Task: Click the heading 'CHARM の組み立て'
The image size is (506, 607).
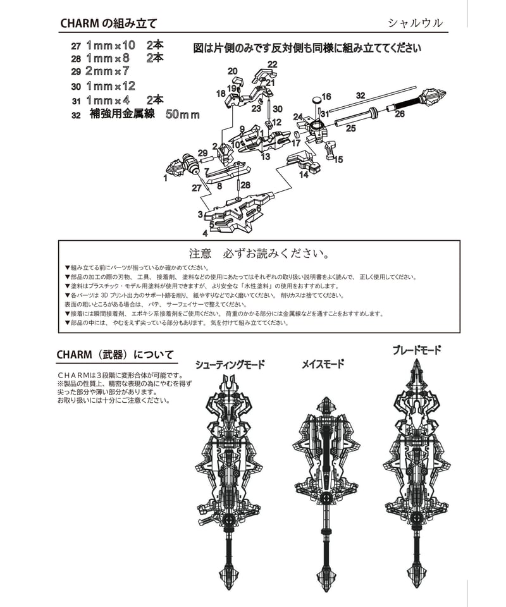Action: [108, 23]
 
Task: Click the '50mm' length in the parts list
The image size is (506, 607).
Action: [182, 115]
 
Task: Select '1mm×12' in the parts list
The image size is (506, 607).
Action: [111, 86]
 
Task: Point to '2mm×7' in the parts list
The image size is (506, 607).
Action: [107, 71]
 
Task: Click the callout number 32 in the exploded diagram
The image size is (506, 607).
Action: [361, 95]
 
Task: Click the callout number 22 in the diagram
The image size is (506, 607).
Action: [272, 64]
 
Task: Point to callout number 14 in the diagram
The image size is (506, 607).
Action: [304, 175]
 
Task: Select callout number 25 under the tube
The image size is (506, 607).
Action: [350, 128]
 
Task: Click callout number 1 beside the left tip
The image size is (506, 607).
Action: [165, 178]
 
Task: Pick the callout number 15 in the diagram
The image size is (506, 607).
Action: [338, 160]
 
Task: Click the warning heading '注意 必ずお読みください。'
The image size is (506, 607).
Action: [259, 254]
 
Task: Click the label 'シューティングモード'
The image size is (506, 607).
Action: [230, 365]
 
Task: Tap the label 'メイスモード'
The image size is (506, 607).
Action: [323, 364]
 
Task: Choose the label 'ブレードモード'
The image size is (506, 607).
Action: [416, 350]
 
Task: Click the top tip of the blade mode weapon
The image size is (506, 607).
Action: [416, 362]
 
